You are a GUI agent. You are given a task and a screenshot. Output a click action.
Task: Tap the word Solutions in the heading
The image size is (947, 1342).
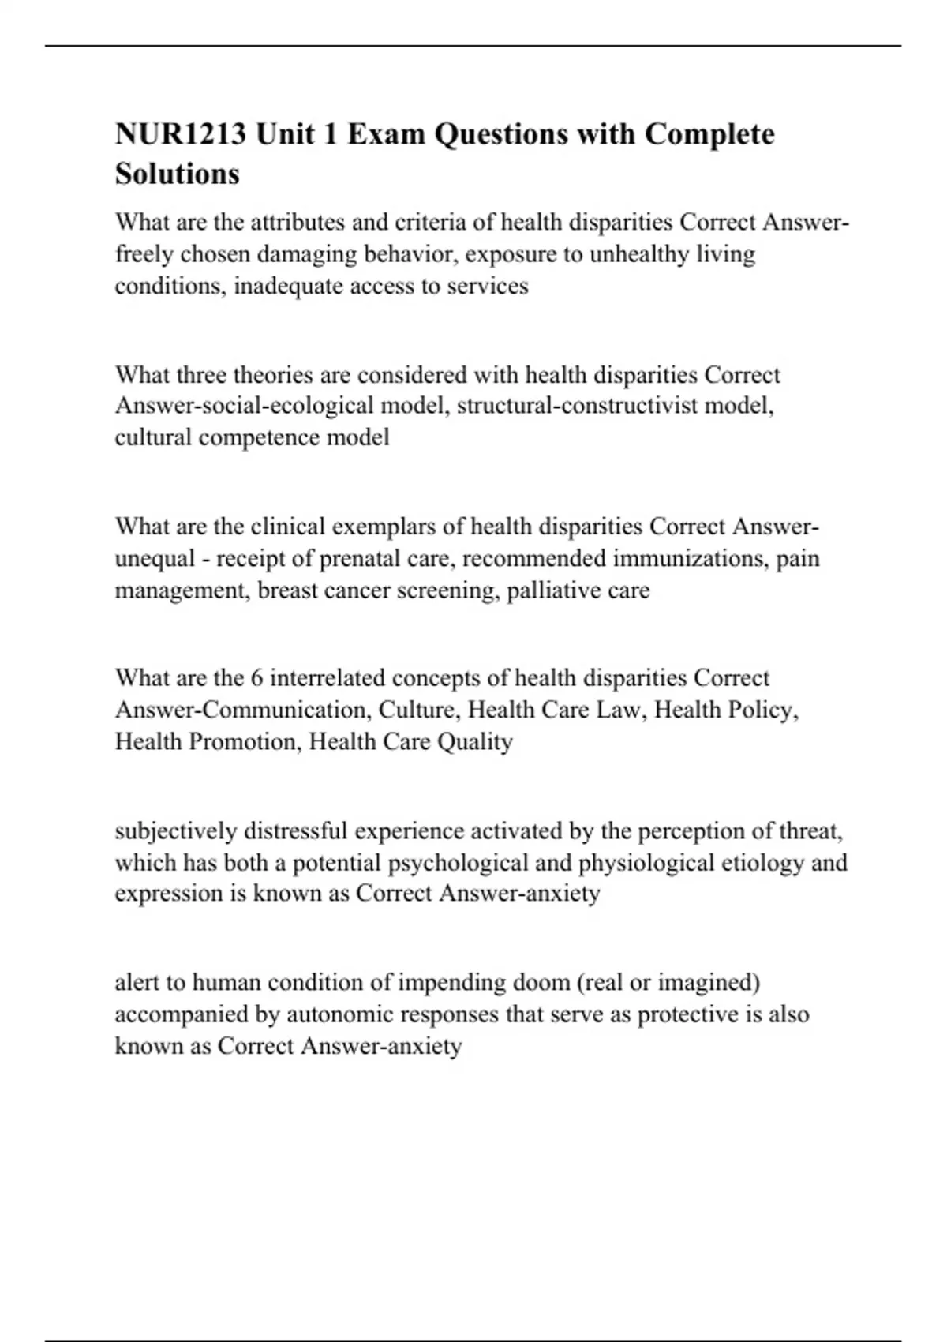coord(178,174)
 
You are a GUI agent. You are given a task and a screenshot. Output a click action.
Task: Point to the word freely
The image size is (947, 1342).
coord(144,254)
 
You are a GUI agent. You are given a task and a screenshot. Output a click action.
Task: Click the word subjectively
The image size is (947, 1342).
coord(176,830)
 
